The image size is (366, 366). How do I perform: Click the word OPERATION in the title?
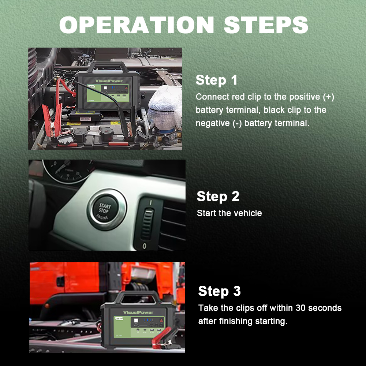[x=137, y=25]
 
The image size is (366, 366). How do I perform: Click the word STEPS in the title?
[x=266, y=25]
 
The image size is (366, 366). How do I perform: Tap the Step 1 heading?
[x=216, y=80]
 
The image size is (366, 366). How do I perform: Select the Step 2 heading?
[x=218, y=196]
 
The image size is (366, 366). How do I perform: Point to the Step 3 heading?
[x=219, y=291]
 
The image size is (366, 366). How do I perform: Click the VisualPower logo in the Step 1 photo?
[x=109, y=81]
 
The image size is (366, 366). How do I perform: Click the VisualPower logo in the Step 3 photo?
[x=138, y=312]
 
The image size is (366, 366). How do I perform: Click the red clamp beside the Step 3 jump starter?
[x=165, y=338]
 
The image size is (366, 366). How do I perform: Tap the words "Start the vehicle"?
[x=229, y=213]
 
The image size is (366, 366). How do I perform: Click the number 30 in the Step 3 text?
[x=300, y=308]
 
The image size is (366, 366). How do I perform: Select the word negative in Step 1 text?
[x=213, y=123]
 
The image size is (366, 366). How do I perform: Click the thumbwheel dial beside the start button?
[x=147, y=224]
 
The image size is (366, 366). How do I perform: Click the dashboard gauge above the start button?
[x=68, y=171]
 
